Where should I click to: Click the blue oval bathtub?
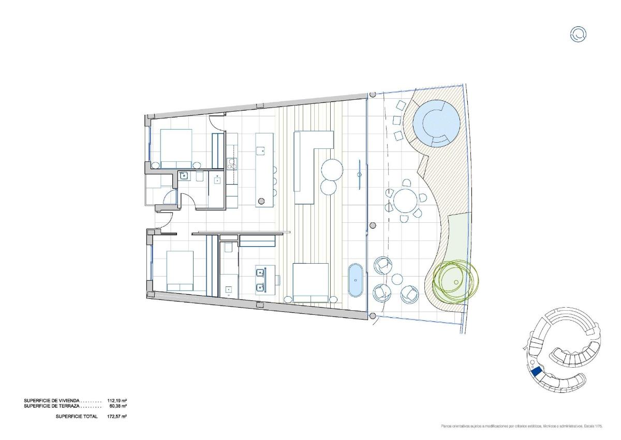[356, 280]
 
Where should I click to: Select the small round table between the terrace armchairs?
[397, 280]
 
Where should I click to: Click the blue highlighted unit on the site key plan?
[536, 371]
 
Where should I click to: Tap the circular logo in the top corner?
[578, 35]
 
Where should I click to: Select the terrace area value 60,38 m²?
[117, 406]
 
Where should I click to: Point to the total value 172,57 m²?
[117, 416]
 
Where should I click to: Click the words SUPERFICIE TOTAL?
[76, 416]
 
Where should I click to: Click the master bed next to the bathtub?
[311, 282]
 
